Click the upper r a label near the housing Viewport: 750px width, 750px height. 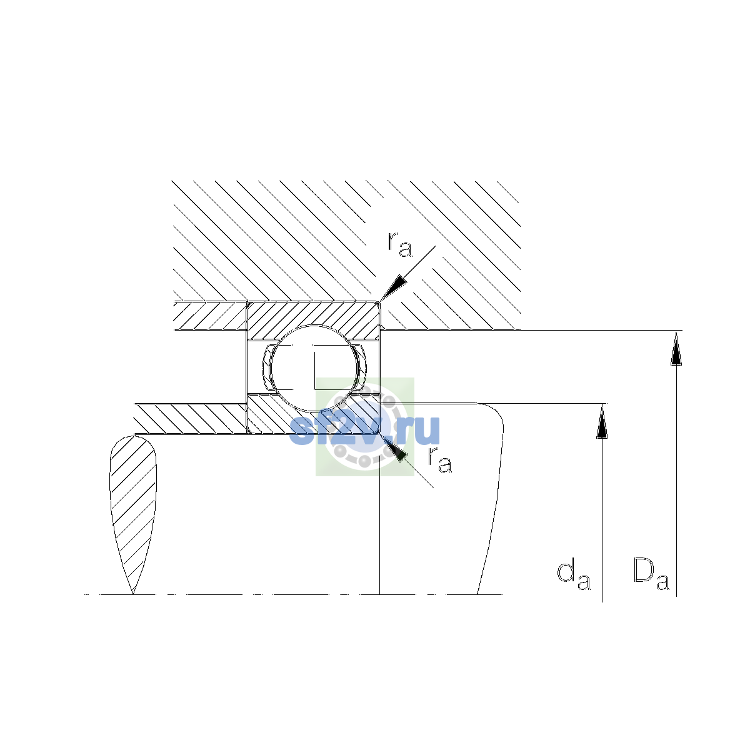(x=400, y=244)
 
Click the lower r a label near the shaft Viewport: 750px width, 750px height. (x=440, y=459)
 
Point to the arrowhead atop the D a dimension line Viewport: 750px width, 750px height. (x=676, y=348)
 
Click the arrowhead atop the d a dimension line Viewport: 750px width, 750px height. (x=602, y=421)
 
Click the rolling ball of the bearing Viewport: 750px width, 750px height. (x=314, y=368)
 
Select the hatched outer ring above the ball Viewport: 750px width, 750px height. (x=314, y=316)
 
